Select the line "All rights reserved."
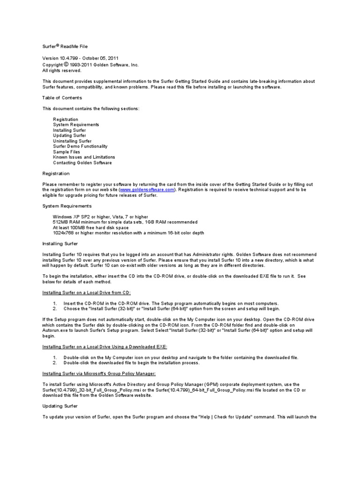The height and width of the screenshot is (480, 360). [x=61, y=70]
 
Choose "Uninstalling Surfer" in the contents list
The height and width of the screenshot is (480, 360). [x=72, y=141]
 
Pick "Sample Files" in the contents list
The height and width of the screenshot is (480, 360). [x=67, y=152]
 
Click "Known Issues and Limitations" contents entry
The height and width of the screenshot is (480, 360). [x=84, y=157]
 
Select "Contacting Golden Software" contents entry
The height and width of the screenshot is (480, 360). [x=82, y=163]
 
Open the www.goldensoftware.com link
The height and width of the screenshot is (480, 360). [x=147, y=190]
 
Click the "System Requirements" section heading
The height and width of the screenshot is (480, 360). [x=67, y=206]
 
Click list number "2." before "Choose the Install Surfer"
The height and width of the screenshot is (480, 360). [x=55, y=309]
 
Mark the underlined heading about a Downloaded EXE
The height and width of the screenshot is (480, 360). [x=105, y=346]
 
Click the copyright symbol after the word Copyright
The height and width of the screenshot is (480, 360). [x=66, y=64]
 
